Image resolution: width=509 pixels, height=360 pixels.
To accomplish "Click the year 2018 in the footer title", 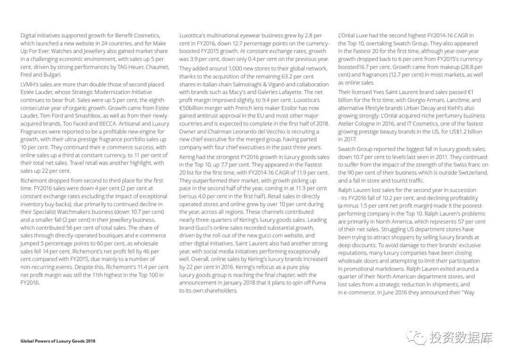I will tap(90, 341).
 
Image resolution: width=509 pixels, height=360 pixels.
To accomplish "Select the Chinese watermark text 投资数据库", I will tap(461, 337).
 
